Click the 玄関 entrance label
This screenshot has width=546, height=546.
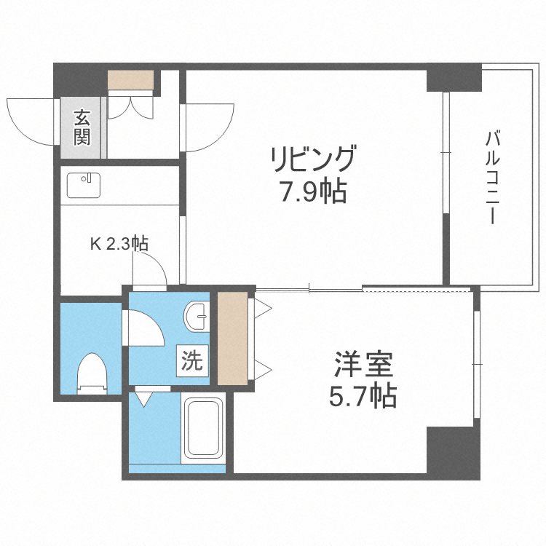[x=82, y=127]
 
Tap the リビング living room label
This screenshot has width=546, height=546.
[x=313, y=159]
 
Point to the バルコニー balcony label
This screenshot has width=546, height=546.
[x=492, y=177]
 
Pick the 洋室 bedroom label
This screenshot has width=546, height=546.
[x=363, y=363]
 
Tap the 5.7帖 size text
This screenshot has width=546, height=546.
[x=363, y=396]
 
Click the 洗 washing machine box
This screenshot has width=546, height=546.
[x=192, y=361]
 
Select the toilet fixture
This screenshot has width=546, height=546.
[x=92, y=372]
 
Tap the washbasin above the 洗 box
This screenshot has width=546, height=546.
[x=197, y=317]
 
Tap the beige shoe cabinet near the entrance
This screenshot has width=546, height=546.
[x=131, y=79]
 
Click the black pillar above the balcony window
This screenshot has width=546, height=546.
[x=454, y=77]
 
